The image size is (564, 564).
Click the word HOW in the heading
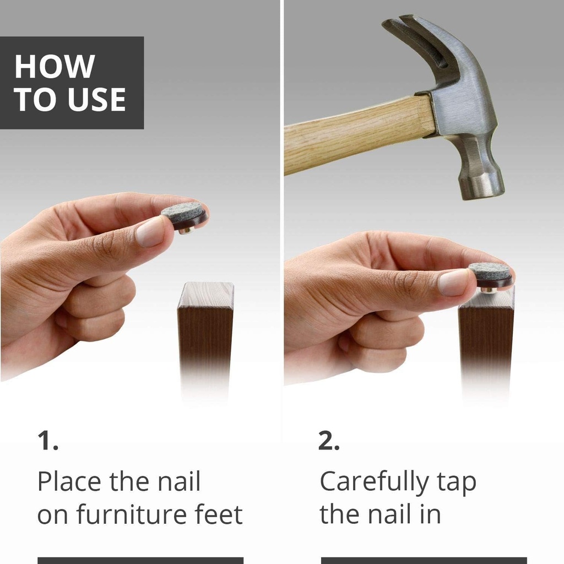[x=55, y=66]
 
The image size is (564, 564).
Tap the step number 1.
[x=48, y=441]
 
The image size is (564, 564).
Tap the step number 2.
[x=329, y=441]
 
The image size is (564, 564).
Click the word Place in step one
[x=69, y=481]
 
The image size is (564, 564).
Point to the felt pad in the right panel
[x=491, y=274]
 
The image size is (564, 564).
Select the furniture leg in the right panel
[x=486, y=341]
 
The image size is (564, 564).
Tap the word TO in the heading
[x=37, y=99]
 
